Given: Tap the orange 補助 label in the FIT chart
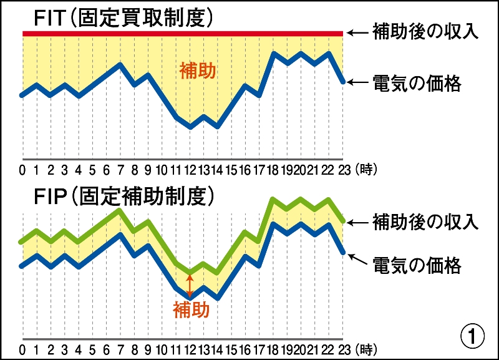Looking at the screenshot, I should point(198,71).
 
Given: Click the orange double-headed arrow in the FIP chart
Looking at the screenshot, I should point(190,283).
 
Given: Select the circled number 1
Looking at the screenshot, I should point(472,337).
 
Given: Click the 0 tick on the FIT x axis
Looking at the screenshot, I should point(22,169).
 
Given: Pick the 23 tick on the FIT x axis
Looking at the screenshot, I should point(342,169).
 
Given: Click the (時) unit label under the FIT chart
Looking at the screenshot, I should point(366,169).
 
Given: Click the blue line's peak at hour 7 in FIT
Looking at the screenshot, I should point(120,64).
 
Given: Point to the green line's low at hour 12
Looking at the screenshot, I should point(190,273).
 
